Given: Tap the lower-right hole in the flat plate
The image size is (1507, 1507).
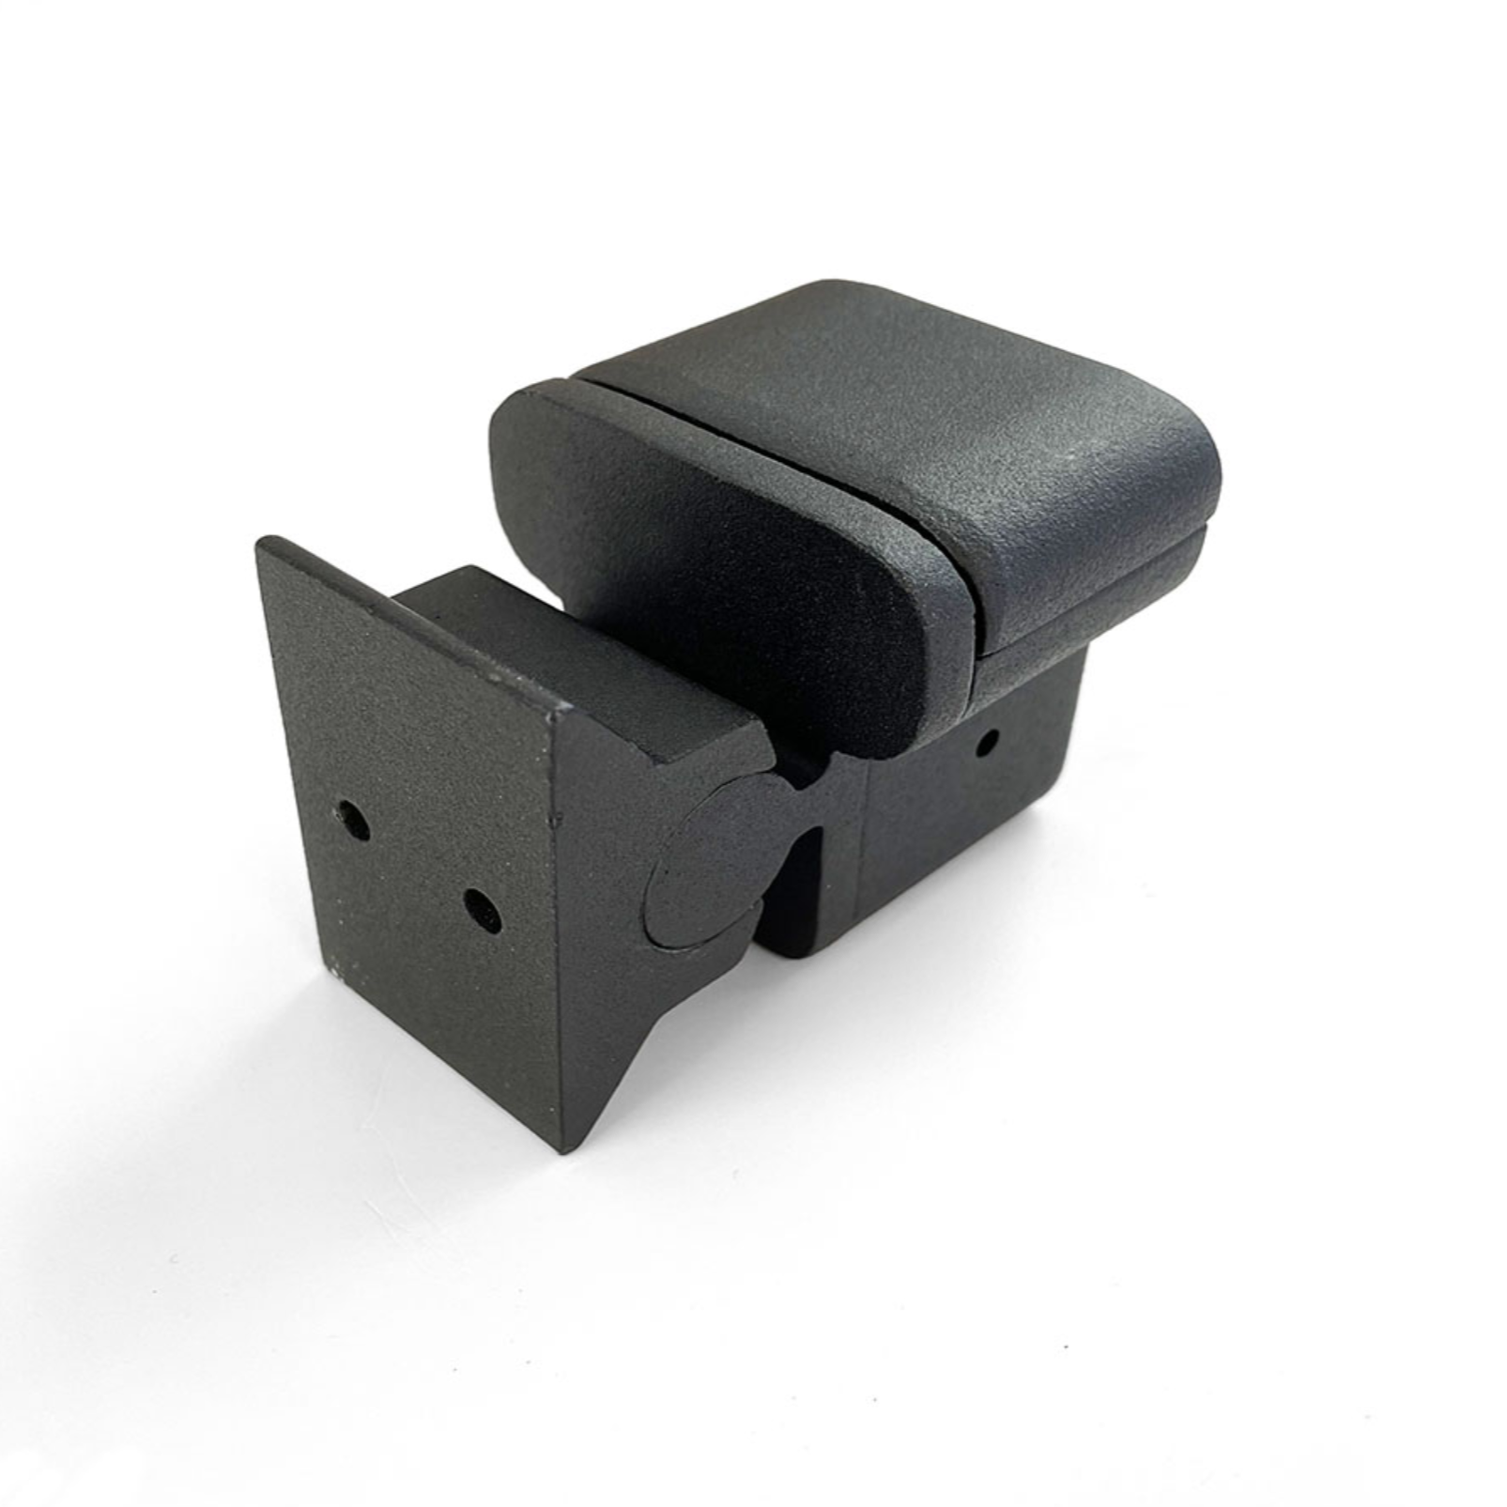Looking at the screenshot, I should (x=483, y=909).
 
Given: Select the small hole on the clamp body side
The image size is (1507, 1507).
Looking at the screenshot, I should (x=987, y=745).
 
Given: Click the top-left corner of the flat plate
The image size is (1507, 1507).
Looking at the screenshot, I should (x=267, y=543).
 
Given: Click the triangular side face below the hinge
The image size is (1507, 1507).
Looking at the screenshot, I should (x=610, y=986).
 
